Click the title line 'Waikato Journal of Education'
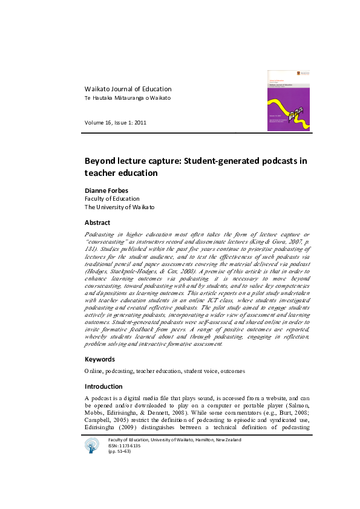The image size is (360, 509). [x=128, y=89]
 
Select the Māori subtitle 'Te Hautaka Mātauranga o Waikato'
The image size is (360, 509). [x=127, y=98]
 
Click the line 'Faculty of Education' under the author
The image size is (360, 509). [x=112, y=198]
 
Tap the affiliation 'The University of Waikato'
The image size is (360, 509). [x=119, y=207]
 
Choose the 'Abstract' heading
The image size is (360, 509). [x=97, y=222]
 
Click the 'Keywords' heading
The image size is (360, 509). [x=100, y=359]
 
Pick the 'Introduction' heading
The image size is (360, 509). [x=103, y=386]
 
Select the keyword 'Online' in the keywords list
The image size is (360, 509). [x=93, y=371]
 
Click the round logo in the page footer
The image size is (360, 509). [x=93, y=446]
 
